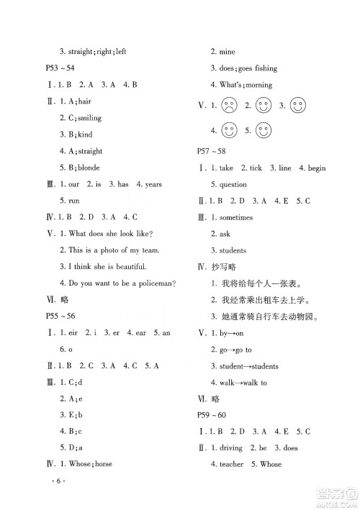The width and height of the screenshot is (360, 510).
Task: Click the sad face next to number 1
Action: [230, 107]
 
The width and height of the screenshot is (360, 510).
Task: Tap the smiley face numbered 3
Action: [297, 106]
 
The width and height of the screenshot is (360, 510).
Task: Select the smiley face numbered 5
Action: [263, 131]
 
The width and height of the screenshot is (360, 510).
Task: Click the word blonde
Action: [89, 168]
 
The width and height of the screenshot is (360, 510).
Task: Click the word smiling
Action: [90, 118]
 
